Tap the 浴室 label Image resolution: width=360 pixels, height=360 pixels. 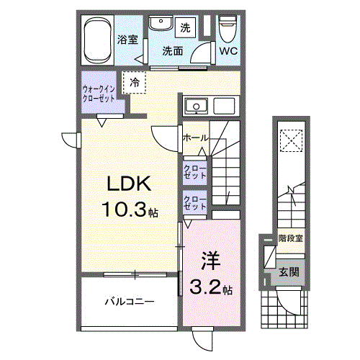tap(128, 40)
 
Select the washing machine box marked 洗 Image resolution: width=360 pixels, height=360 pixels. tap(186, 28)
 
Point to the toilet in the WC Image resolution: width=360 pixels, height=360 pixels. tap(228, 30)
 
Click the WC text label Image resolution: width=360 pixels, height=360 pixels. tap(228, 51)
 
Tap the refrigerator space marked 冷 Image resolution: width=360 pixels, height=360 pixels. tap(135, 83)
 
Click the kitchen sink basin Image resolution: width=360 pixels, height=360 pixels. tap(194, 108)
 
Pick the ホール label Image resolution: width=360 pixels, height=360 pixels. tap(196, 137)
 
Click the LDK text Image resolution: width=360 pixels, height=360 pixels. tap(129, 185)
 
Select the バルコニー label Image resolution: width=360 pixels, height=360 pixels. tap(128, 302)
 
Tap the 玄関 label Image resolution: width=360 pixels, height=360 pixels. tap(289, 272)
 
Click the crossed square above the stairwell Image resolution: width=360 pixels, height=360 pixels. tap(290, 138)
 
